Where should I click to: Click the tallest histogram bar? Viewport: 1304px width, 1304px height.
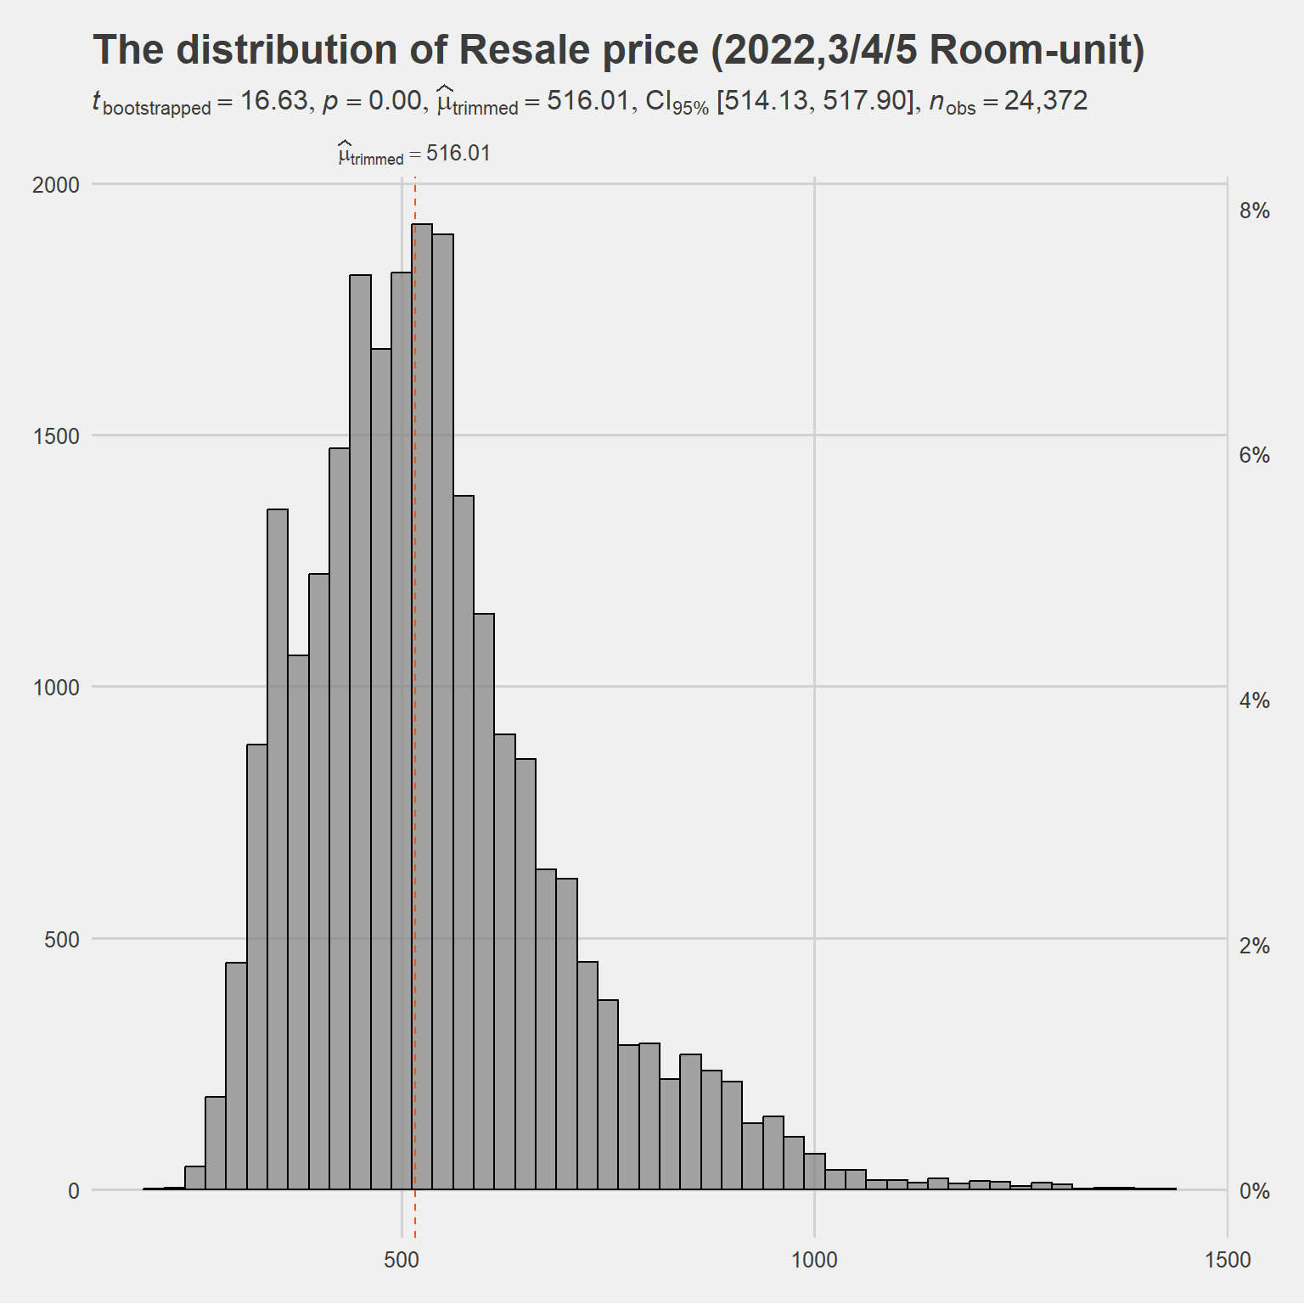[x=422, y=705]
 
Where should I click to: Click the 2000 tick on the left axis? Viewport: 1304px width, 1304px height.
[x=56, y=185]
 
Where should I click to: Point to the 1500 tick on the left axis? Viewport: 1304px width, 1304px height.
[x=56, y=436]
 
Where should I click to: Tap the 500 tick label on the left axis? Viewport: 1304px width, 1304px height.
[x=62, y=940]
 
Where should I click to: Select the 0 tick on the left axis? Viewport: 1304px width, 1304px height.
[x=74, y=1191]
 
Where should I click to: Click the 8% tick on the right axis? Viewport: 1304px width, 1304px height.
[x=1254, y=211]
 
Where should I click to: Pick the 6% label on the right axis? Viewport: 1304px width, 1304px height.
[x=1254, y=456]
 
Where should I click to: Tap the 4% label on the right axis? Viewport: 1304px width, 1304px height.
[x=1254, y=701]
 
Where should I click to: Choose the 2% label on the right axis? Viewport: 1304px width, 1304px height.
[x=1254, y=946]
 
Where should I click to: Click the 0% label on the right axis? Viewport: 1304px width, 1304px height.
[x=1254, y=1191]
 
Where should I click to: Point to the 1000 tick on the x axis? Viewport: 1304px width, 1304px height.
[x=814, y=1260]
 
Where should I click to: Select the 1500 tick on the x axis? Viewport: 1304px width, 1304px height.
[x=1228, y=1260]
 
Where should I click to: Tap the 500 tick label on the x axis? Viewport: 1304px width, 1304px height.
[x=402, y=1260]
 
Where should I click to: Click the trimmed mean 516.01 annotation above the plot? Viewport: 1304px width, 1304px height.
[x=414, y=154]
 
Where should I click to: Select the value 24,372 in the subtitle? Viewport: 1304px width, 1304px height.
[x=1046, y=101]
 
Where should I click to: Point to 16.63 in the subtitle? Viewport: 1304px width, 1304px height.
[x=273, y=101]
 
